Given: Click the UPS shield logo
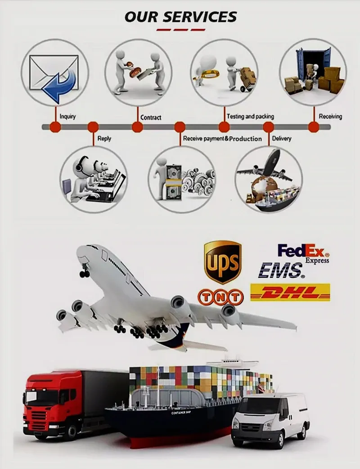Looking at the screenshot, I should click(x=222, y=262).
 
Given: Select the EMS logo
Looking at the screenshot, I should click(x=281, y=271).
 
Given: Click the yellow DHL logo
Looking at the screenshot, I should click(x=290, y=293).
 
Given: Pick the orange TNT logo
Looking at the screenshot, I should click(x=220, y=297).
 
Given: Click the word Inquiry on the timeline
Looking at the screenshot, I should click(x=67, y=117).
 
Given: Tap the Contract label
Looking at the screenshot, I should click(x=151, y=117).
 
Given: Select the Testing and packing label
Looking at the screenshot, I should click(x=250, y=117).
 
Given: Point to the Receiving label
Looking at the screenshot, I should click(x=330, y=117).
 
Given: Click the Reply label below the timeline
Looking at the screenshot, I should click(x=104, y=139).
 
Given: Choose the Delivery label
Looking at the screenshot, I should click(x=282, y=139).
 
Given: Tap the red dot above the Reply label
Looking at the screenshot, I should click(x=93, y=127).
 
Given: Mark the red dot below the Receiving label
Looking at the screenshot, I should click(x=314, y=127).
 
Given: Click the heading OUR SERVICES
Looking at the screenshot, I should click(x=180, y=17).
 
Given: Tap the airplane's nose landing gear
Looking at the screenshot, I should click(x=84, y=272).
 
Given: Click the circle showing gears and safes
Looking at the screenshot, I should click(x=182, y=180).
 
